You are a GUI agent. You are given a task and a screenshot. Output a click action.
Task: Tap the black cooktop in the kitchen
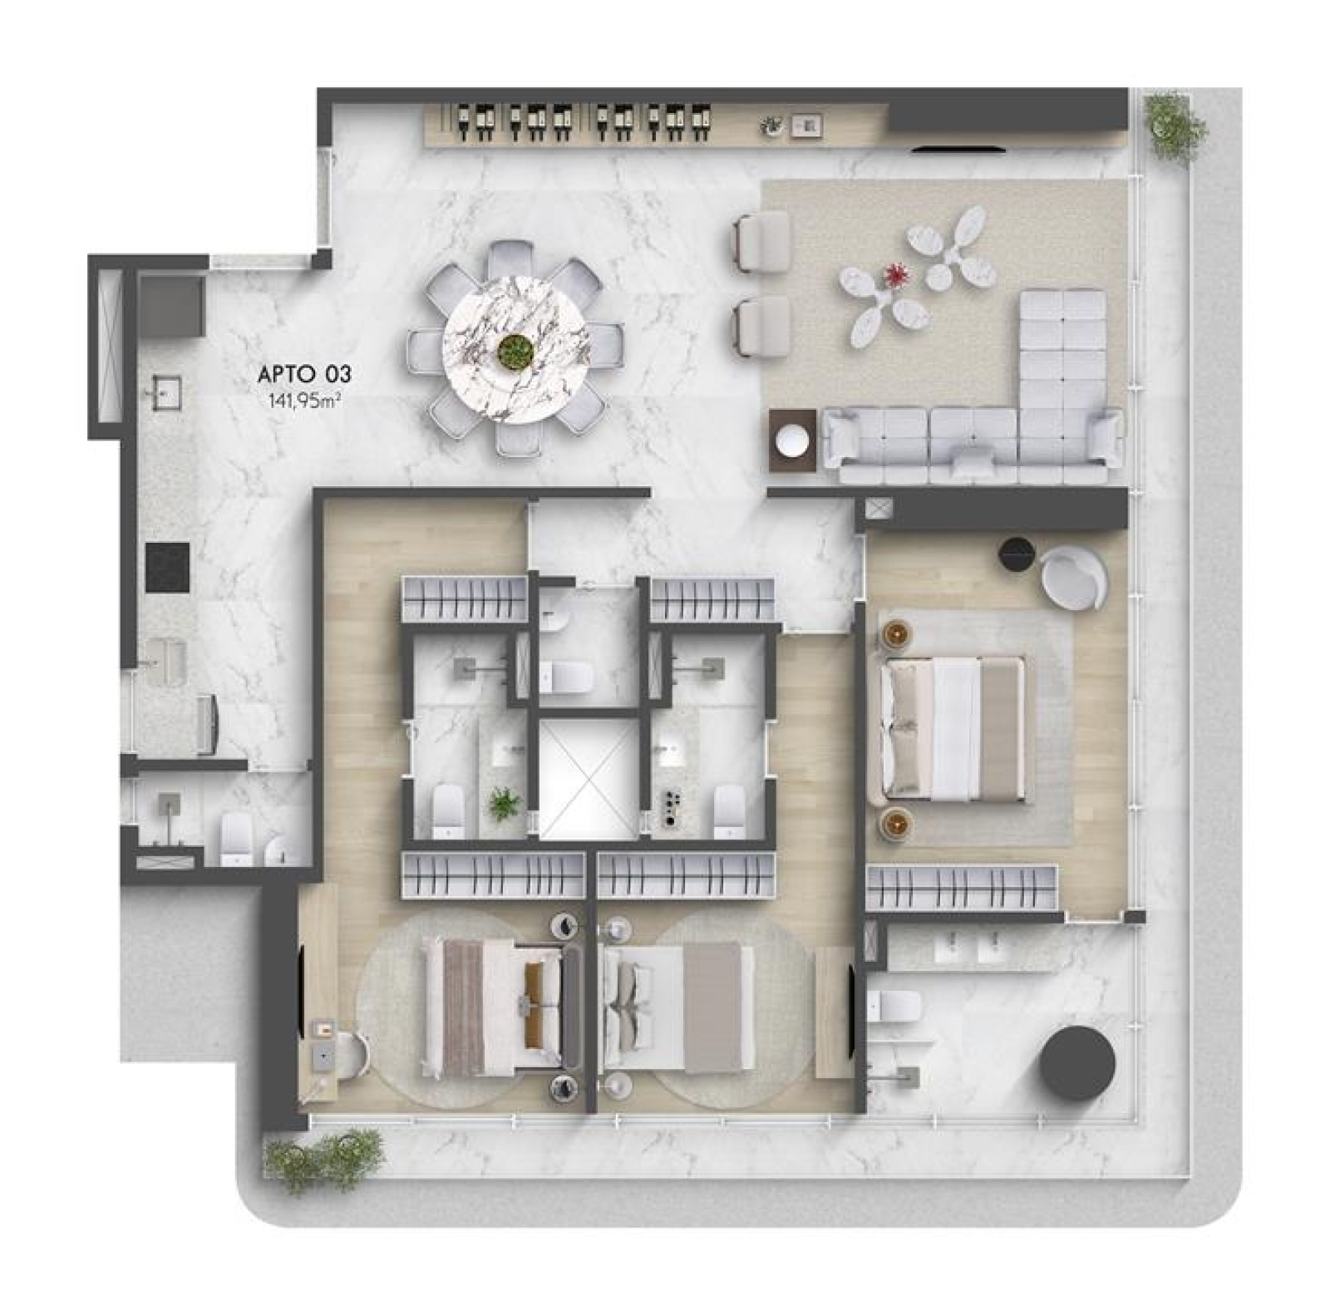click(x=168, y=567)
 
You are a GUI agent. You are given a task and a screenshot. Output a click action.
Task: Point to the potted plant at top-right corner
click(x=1174, y=125)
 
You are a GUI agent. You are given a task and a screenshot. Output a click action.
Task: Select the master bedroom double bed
click(x=952, y=728)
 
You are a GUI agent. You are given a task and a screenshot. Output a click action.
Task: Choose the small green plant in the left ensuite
click(x=504, y=805)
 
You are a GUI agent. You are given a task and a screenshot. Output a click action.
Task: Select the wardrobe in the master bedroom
click(x=962, y=888)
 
